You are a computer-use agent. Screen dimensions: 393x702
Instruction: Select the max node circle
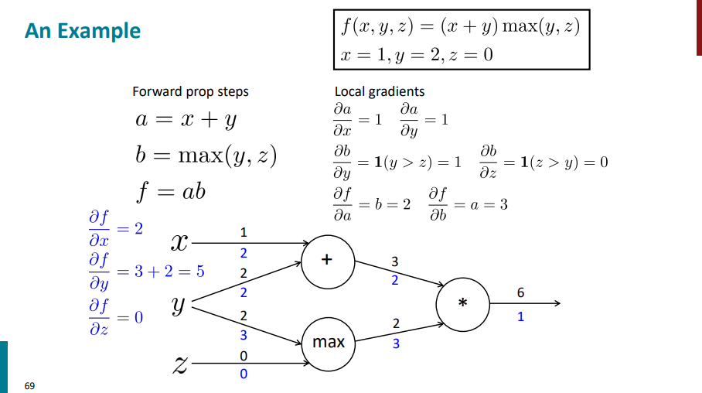click(x=328, y=341)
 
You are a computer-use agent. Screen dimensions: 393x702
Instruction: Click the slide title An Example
click(x=83, y=31)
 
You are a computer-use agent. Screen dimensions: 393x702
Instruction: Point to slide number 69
click(x=29, y=384)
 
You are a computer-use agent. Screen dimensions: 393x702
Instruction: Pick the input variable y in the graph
click(x=179, y=306)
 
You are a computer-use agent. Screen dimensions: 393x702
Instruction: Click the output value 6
click(x=520, y=292)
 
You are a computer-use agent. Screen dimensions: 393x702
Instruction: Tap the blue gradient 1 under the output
click(x=520, y=316)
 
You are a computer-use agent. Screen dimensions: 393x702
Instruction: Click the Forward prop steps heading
click(x=190, y=91)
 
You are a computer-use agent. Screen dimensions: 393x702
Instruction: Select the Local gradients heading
click(x=379, y=91)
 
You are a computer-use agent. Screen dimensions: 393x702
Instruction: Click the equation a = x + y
click(x=185, y=120)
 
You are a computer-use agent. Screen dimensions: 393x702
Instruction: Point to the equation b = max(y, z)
click(x=206, y=155)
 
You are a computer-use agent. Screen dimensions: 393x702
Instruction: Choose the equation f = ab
click(x=171, y=190)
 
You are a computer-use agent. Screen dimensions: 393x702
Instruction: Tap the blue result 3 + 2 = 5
click(x=162, y=273)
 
